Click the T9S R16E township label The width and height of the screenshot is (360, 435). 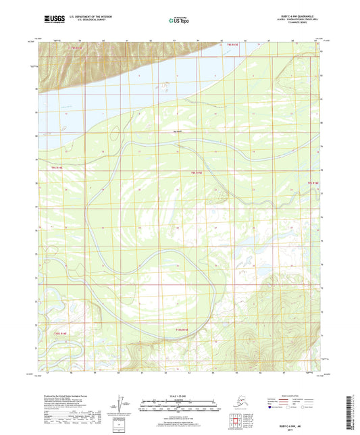point(313,182)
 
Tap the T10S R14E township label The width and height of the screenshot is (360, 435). point(60,333)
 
